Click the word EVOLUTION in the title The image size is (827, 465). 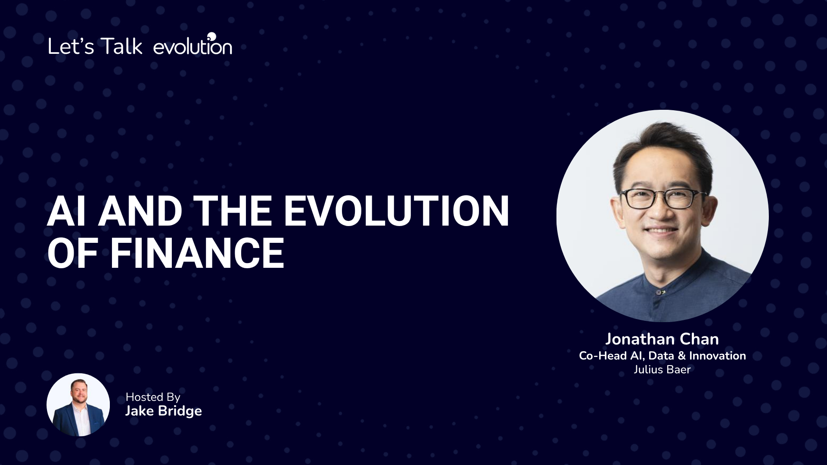point(396,211)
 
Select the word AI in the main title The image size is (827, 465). point(66,211)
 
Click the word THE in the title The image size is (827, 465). point(232,211)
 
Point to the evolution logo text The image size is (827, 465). point(193,45)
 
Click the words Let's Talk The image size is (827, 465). point(95,46)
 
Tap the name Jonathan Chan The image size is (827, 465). point(662,339)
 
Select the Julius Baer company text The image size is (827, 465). point(662,369)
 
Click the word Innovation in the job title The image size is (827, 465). point(718,356)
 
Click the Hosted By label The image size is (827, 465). point(153,397)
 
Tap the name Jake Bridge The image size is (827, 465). point(163,411)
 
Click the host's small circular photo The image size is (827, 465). point(78,405)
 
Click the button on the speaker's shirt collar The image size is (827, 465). point(659,293)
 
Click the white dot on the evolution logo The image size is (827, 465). point(211,36)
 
